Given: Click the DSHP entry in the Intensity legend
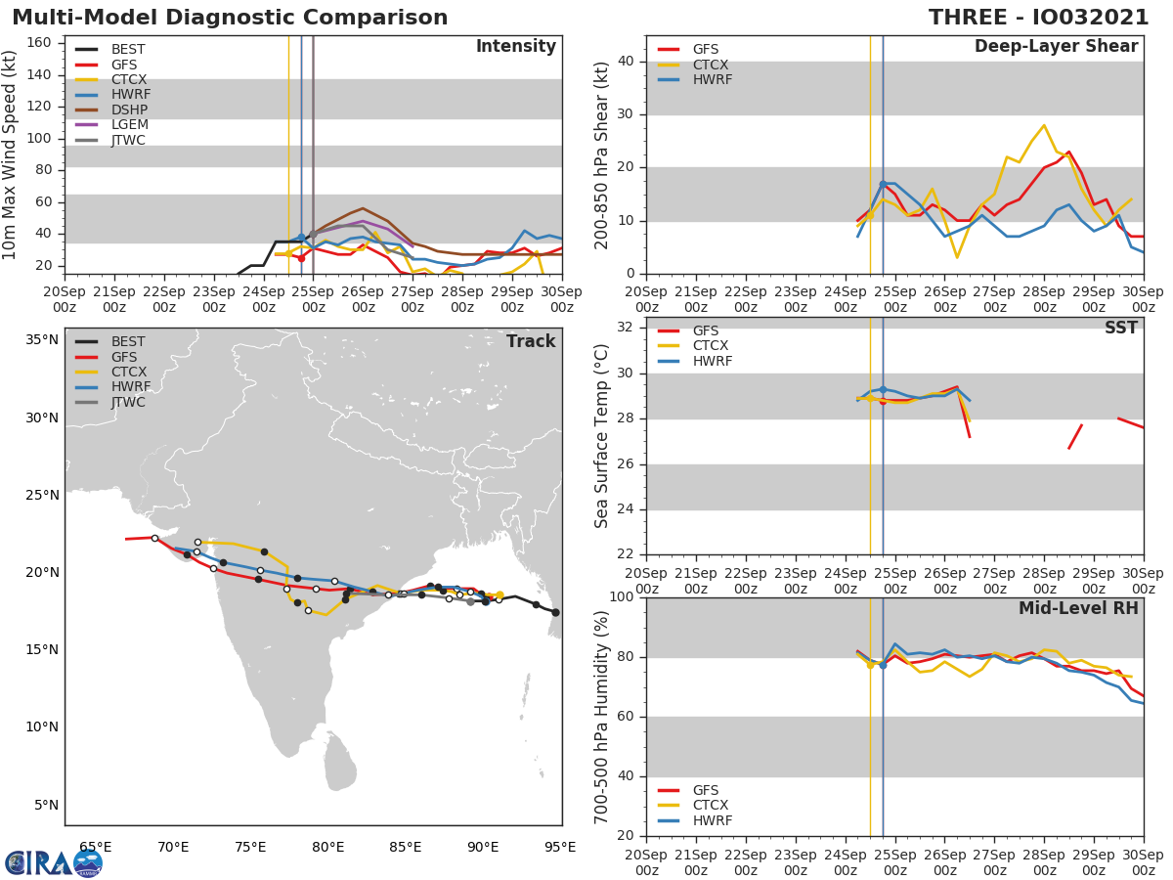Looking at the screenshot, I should (x=129, y=110).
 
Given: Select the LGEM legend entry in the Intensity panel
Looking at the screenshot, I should (x=129, y=125).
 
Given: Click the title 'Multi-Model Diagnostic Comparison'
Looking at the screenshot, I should (x=230, y=18).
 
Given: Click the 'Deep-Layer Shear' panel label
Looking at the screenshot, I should (x=1056, y=47).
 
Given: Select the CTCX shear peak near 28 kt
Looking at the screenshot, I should (x=1044, y=125).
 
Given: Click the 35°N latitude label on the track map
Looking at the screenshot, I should (x=41, y=340).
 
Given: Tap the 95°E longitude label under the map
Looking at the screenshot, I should (x=560, y=847).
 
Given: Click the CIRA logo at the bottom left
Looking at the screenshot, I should (x=53, y=862).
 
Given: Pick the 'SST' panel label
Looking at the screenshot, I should (x=1120, y=329).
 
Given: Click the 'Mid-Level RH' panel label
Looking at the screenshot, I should (x=1078, y=608).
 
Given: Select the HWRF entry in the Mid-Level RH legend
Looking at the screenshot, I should (x=712, y=820).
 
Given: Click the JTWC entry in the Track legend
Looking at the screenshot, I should (x=128, y=402).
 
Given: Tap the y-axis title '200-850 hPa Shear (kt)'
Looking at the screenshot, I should (x=603, y=154).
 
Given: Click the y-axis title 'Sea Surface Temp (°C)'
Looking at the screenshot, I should (x=603, y=435).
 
